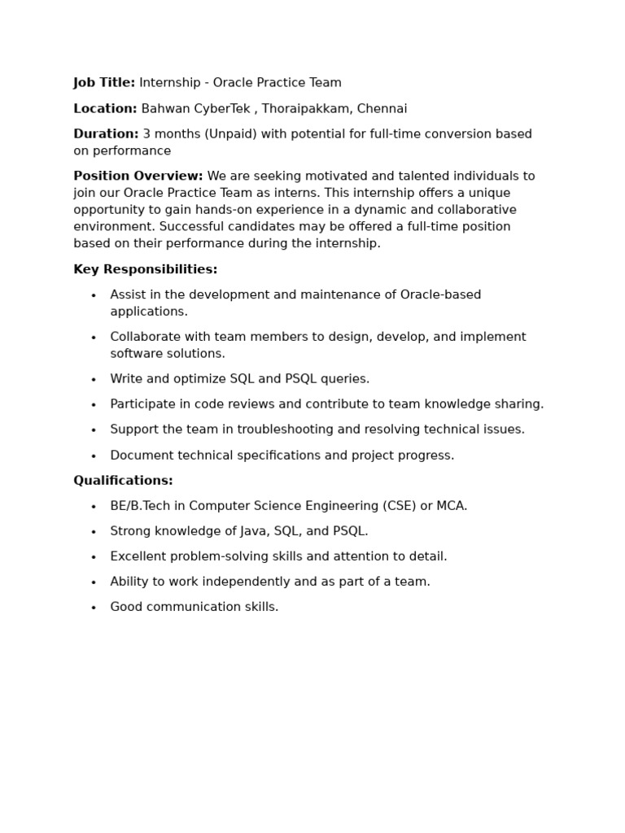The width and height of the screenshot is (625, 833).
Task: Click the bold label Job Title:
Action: [104, 83]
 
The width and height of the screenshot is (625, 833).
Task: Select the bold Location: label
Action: [105, 109]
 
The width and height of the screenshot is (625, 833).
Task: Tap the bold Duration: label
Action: [106, 134]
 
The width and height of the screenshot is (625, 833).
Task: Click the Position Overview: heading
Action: [138, 177]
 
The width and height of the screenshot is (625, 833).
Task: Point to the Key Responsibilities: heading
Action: [145, 270]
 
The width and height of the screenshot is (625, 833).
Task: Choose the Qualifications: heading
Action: [123, 481]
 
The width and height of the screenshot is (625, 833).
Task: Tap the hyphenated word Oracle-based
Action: [440, 295]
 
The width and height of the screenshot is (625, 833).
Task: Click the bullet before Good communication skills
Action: [94, 608]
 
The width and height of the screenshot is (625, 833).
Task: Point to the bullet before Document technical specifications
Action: [94, 456]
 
